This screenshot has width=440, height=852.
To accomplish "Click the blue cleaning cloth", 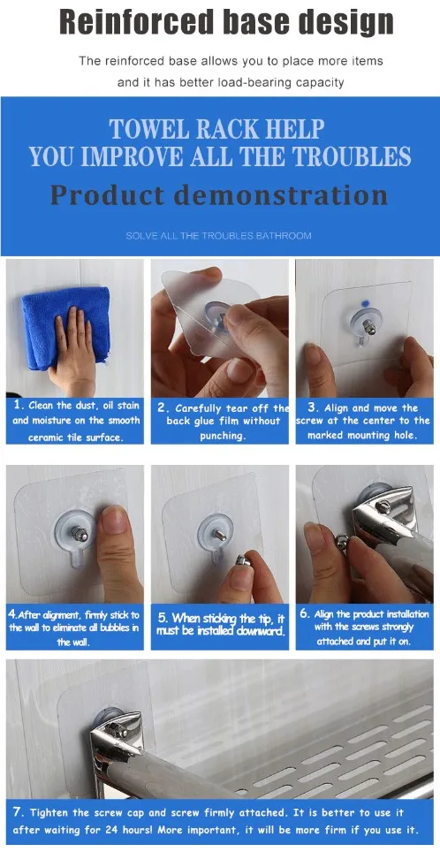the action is tap(65, 328).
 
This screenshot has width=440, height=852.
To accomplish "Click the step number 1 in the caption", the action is tap(18, 406).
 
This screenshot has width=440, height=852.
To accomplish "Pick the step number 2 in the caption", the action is tap(163, 408).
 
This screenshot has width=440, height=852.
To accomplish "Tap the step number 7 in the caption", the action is tap(19, 813).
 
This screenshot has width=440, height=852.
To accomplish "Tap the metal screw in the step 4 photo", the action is tap(80, 535).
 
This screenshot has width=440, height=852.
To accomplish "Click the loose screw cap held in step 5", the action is tap(243, 560).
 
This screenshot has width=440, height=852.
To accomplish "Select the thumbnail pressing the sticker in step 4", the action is tap(112, 520).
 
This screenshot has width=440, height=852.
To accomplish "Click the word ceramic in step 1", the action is tap(44, 436).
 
